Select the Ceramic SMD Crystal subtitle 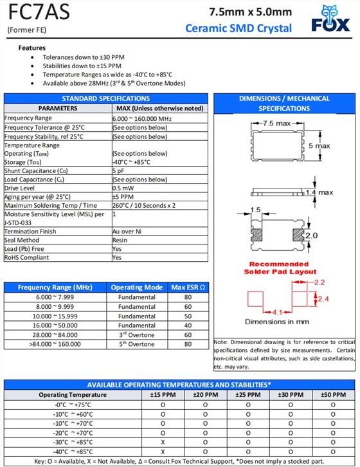[238, 28]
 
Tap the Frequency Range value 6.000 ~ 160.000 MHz [142, 118]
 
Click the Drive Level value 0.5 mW [123, 188]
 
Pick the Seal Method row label [22, 240]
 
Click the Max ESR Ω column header [187, 287]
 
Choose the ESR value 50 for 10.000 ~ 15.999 [187, 316]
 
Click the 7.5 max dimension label [277, 122]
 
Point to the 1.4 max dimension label [319, 192]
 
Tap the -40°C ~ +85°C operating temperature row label [73, 452]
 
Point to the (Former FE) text [26, 30]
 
